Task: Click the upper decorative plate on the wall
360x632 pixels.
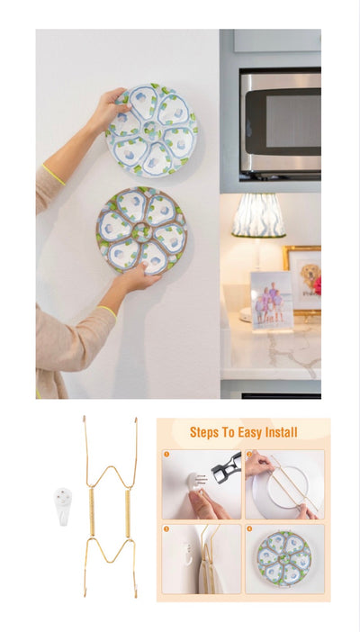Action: pos(151,131)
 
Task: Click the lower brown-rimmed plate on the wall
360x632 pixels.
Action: pos(141,230)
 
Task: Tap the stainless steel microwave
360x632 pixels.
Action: pos(280,123)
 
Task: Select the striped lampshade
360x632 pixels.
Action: pos(258,215)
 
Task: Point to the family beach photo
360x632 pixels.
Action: pos(272,301)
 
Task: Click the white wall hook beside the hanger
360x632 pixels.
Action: pos(63,506)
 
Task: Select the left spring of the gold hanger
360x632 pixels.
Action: pos(92,512)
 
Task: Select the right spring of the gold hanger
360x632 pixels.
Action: pos(128,513)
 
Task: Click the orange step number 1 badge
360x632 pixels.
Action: pos(166,455)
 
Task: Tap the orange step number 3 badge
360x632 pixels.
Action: pos(166,528)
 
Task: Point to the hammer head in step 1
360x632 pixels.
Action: pos(227,467)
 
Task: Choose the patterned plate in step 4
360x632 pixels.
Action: pos(284,558)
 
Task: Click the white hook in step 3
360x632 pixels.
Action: pos(186,554)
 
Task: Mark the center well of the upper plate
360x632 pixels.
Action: pos(151,131)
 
